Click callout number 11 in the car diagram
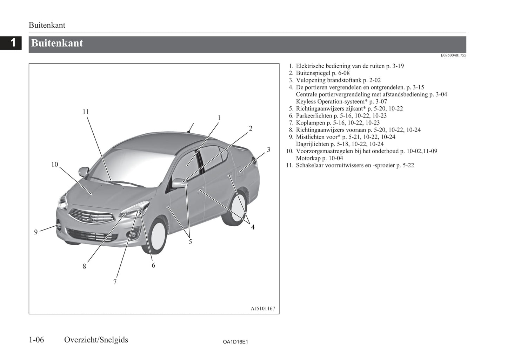click(x=86, y=112)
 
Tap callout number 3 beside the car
click(x=268, y=150)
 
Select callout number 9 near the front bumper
click(x=36, y=232)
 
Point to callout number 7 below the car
click(x=115, y=282)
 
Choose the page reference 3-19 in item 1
click(x=398, y=66)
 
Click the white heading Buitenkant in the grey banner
click(x=57, y=43)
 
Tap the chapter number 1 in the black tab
click(x=13, y=43)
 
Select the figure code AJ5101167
click(x=263, y=308)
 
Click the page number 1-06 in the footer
click(x=36, y=340)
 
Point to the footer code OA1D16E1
click(x=235, y=342)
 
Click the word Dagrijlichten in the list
click(x=312, y=144)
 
